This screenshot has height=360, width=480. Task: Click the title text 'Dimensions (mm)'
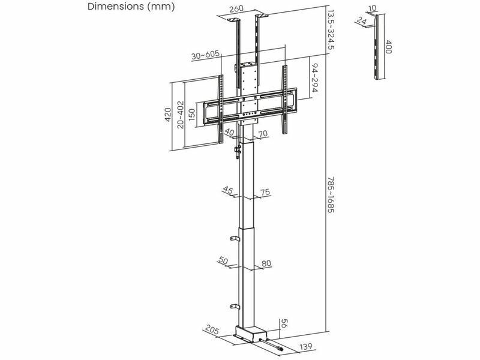[x=131, y=7]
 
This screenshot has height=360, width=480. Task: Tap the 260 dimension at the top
[x=236, y=9]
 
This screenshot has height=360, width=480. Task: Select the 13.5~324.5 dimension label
[x=331, y=29]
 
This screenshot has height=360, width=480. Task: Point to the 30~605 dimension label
[x=205, y=55]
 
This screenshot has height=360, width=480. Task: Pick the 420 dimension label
[x=168, y=114]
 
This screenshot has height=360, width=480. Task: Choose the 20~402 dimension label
[x=181, y=115]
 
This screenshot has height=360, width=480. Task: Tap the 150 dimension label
[x=191, y=115]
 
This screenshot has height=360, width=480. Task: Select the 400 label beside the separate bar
[x=388, y=47]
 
